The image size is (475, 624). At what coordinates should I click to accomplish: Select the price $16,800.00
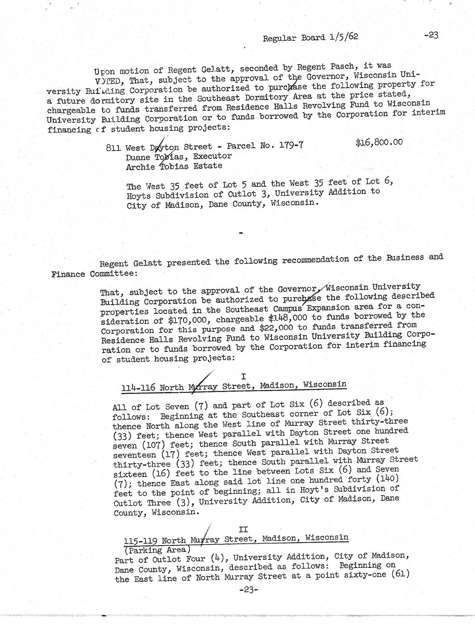379,143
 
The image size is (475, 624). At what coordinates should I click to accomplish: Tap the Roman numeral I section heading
243,376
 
